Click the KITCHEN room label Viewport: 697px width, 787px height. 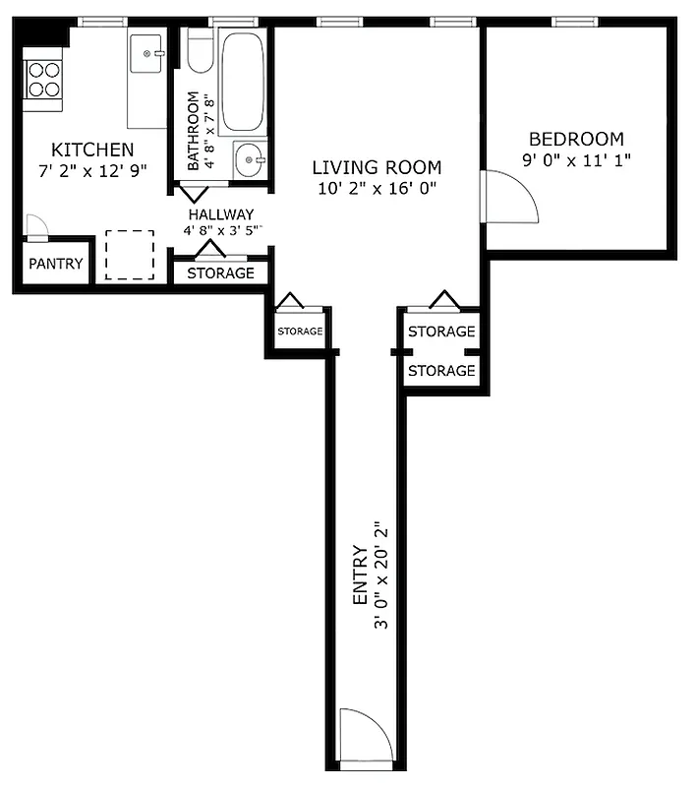(92, 150)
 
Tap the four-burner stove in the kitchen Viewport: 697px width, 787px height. (43, 78)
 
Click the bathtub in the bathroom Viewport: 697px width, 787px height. (240, 83)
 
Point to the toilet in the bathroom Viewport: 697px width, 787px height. (201, 57)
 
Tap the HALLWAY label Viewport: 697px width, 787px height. (221, 214)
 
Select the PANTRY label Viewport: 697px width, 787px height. (55, 265)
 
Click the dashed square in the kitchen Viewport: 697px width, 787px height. (130, 255)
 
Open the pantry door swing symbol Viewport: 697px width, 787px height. (34, 226)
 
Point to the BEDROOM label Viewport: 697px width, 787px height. (576, 139)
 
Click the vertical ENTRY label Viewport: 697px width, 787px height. (359, 575)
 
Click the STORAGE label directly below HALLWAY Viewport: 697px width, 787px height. (220, 272)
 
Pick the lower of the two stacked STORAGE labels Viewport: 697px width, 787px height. (441, 371)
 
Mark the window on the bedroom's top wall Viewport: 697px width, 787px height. (576, 22)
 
